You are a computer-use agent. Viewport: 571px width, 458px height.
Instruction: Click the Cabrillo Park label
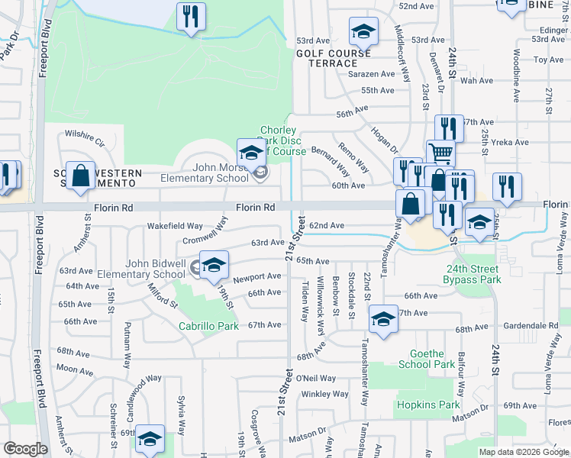point(208,326)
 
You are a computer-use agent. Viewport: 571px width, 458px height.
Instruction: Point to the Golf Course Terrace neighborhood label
point(339,58)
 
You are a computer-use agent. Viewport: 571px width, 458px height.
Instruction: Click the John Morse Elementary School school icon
point(250,153)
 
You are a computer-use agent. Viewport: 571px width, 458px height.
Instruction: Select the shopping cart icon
point(440,153)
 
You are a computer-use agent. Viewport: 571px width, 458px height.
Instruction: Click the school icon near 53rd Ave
point(363,32)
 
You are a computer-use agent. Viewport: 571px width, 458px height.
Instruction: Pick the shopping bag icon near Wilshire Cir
point(80,176)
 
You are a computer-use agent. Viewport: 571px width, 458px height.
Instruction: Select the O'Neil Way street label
point(316,378)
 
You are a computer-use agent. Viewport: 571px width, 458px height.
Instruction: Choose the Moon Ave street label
point(75,369)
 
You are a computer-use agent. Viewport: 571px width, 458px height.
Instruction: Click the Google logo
point(25,450)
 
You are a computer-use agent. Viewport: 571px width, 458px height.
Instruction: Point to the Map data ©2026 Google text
point(523,451)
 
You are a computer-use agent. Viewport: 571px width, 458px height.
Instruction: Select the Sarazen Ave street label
point(372,74)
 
